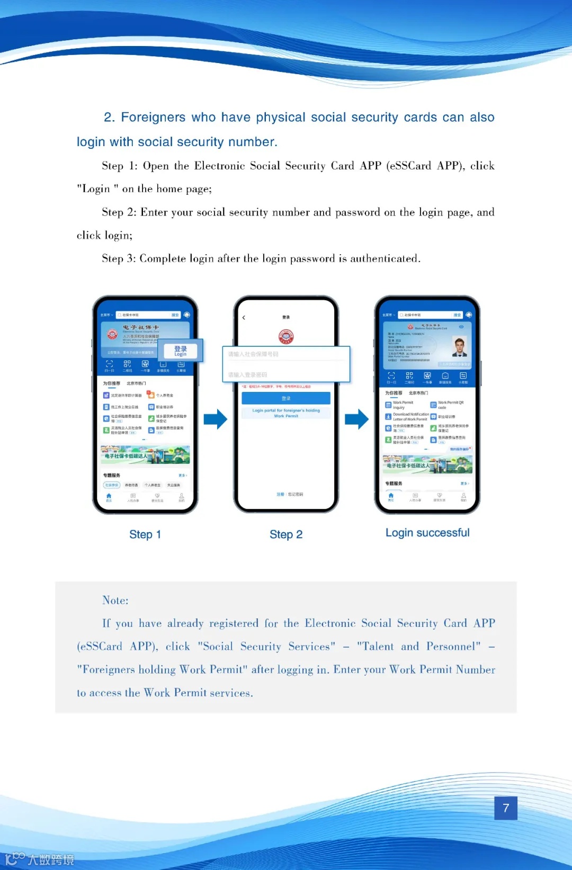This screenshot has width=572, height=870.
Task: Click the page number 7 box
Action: pyautogui.click(x=506, y=808)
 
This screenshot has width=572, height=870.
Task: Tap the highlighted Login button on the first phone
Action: pyautogui.click(x=181, y=351)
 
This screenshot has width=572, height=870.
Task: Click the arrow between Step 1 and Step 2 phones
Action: pyautogui.click(x=215, y=419)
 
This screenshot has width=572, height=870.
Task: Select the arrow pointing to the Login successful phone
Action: pyautogui.click(x=356, y=419)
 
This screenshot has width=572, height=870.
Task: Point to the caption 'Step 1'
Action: pyautogui.click(x=145, y=534)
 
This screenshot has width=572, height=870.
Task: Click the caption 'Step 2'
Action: pyautogui.click(x=286, y=534)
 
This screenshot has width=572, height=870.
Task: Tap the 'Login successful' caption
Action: pyautogui.click(x=427, y=533)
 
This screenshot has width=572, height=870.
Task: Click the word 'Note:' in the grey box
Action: pyautogui.click(x=115, y=600)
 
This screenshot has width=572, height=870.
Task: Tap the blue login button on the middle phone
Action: pyautogui.click(x=286, y=398)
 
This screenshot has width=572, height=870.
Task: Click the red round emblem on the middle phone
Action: pyautogui.click(x=286, y=336)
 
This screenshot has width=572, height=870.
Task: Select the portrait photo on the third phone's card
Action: pyautogui.click(x=460, y=347)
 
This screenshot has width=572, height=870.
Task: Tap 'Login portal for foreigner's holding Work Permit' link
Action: pyautogui.click(x=286, y=413)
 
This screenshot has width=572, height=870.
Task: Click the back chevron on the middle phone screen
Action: pyautogui.click(x=244, y=318)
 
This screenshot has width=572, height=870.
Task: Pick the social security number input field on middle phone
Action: pyautogui.click(x=286, y=354)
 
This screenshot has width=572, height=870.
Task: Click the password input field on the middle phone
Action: pyautogui.click(x=286, y=374)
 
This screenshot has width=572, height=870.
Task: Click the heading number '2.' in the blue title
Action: pyautogui.click(x=109, y=118)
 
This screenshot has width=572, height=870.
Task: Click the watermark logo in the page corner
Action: pyautogui.click(x=40, y=858)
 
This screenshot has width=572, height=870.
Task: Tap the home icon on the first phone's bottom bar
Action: pyautogui.click(x=109, y=497)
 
